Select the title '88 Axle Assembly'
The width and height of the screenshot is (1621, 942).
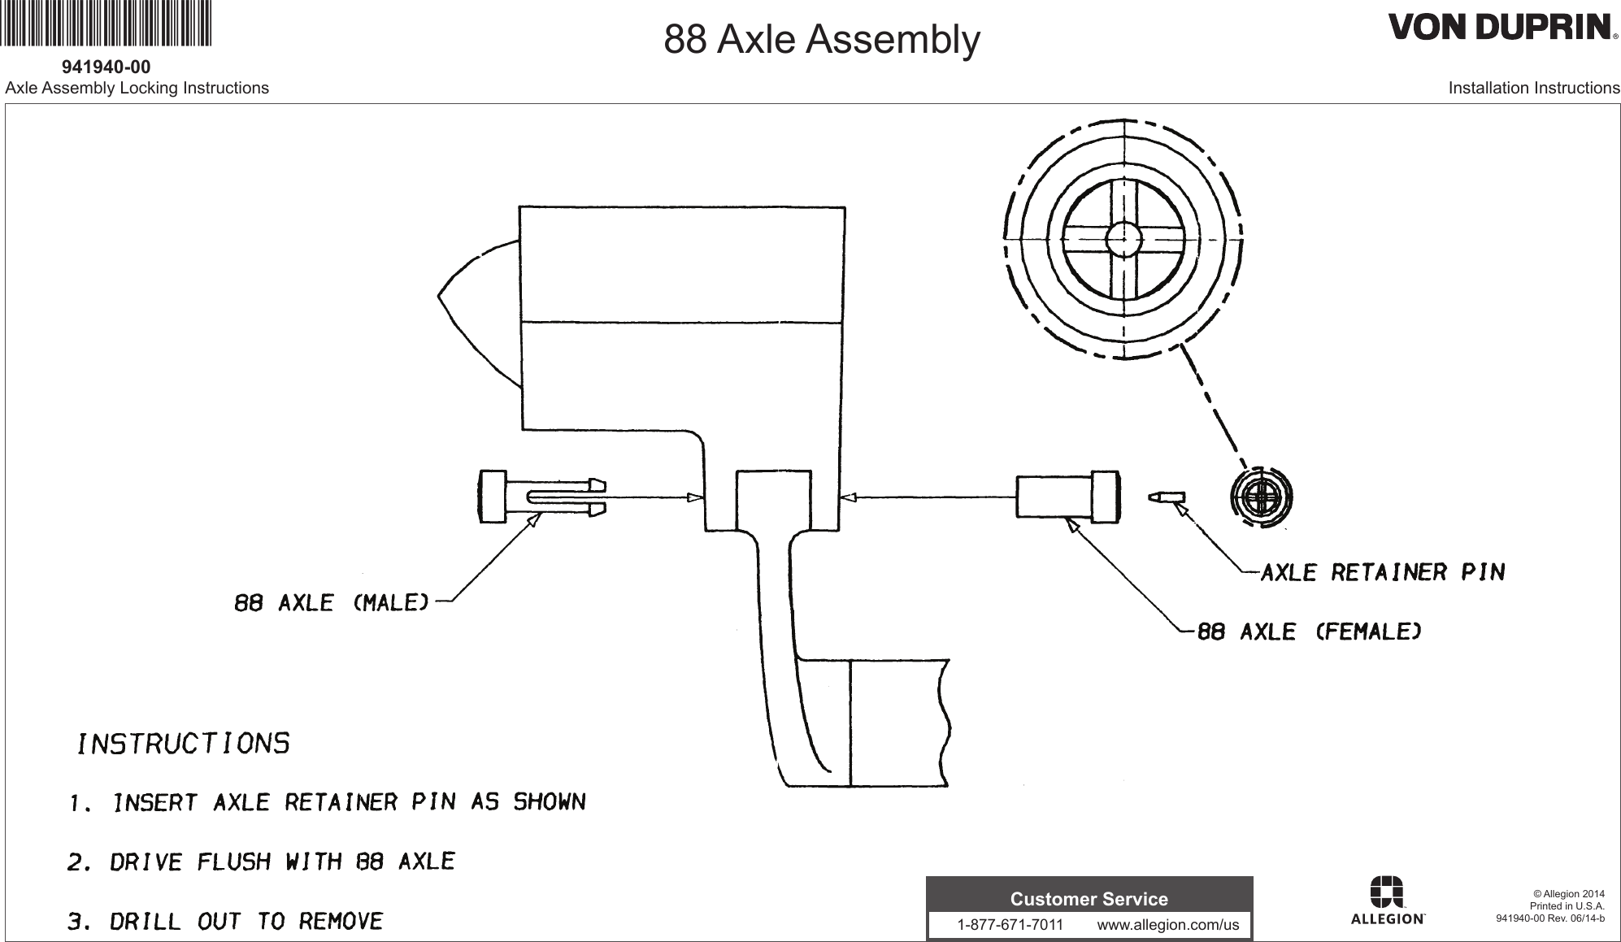point(822,39)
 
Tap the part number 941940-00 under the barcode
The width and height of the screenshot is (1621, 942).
point(106,66)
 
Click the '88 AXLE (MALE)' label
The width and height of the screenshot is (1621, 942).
point(331,603)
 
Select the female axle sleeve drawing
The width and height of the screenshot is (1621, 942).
point(1065,497)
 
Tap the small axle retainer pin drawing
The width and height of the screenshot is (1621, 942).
point(1167,497)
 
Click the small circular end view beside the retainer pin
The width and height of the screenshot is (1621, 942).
point(1261,497)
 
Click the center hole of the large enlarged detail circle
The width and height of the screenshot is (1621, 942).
point(1123,239)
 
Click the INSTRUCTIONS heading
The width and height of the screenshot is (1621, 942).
point(183,744)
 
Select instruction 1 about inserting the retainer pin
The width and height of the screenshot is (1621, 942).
point(326,803)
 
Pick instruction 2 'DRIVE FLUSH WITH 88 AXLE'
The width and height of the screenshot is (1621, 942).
point(260,862)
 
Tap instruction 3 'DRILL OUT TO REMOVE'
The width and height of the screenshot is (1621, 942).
point(224,922)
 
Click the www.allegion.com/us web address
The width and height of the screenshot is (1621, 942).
point(1167,925)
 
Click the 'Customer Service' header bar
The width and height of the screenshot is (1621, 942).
point(1089,899)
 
